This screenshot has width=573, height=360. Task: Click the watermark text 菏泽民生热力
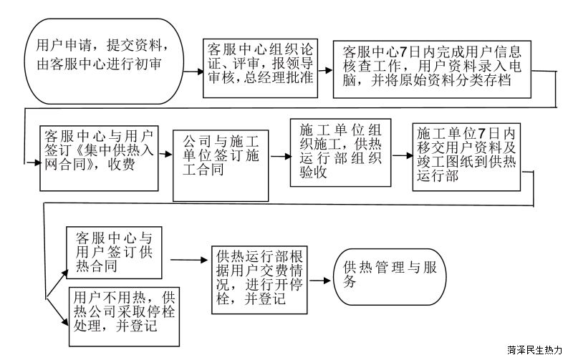(534, 350)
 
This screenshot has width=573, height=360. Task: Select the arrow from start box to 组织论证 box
(193, 71)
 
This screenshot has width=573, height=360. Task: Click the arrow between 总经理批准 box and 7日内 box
(325, 70)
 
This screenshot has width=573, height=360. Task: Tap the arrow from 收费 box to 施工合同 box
(165, 154)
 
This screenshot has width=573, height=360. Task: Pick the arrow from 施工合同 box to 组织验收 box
(280, 157)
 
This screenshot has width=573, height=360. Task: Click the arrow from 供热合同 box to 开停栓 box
(188, 260)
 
